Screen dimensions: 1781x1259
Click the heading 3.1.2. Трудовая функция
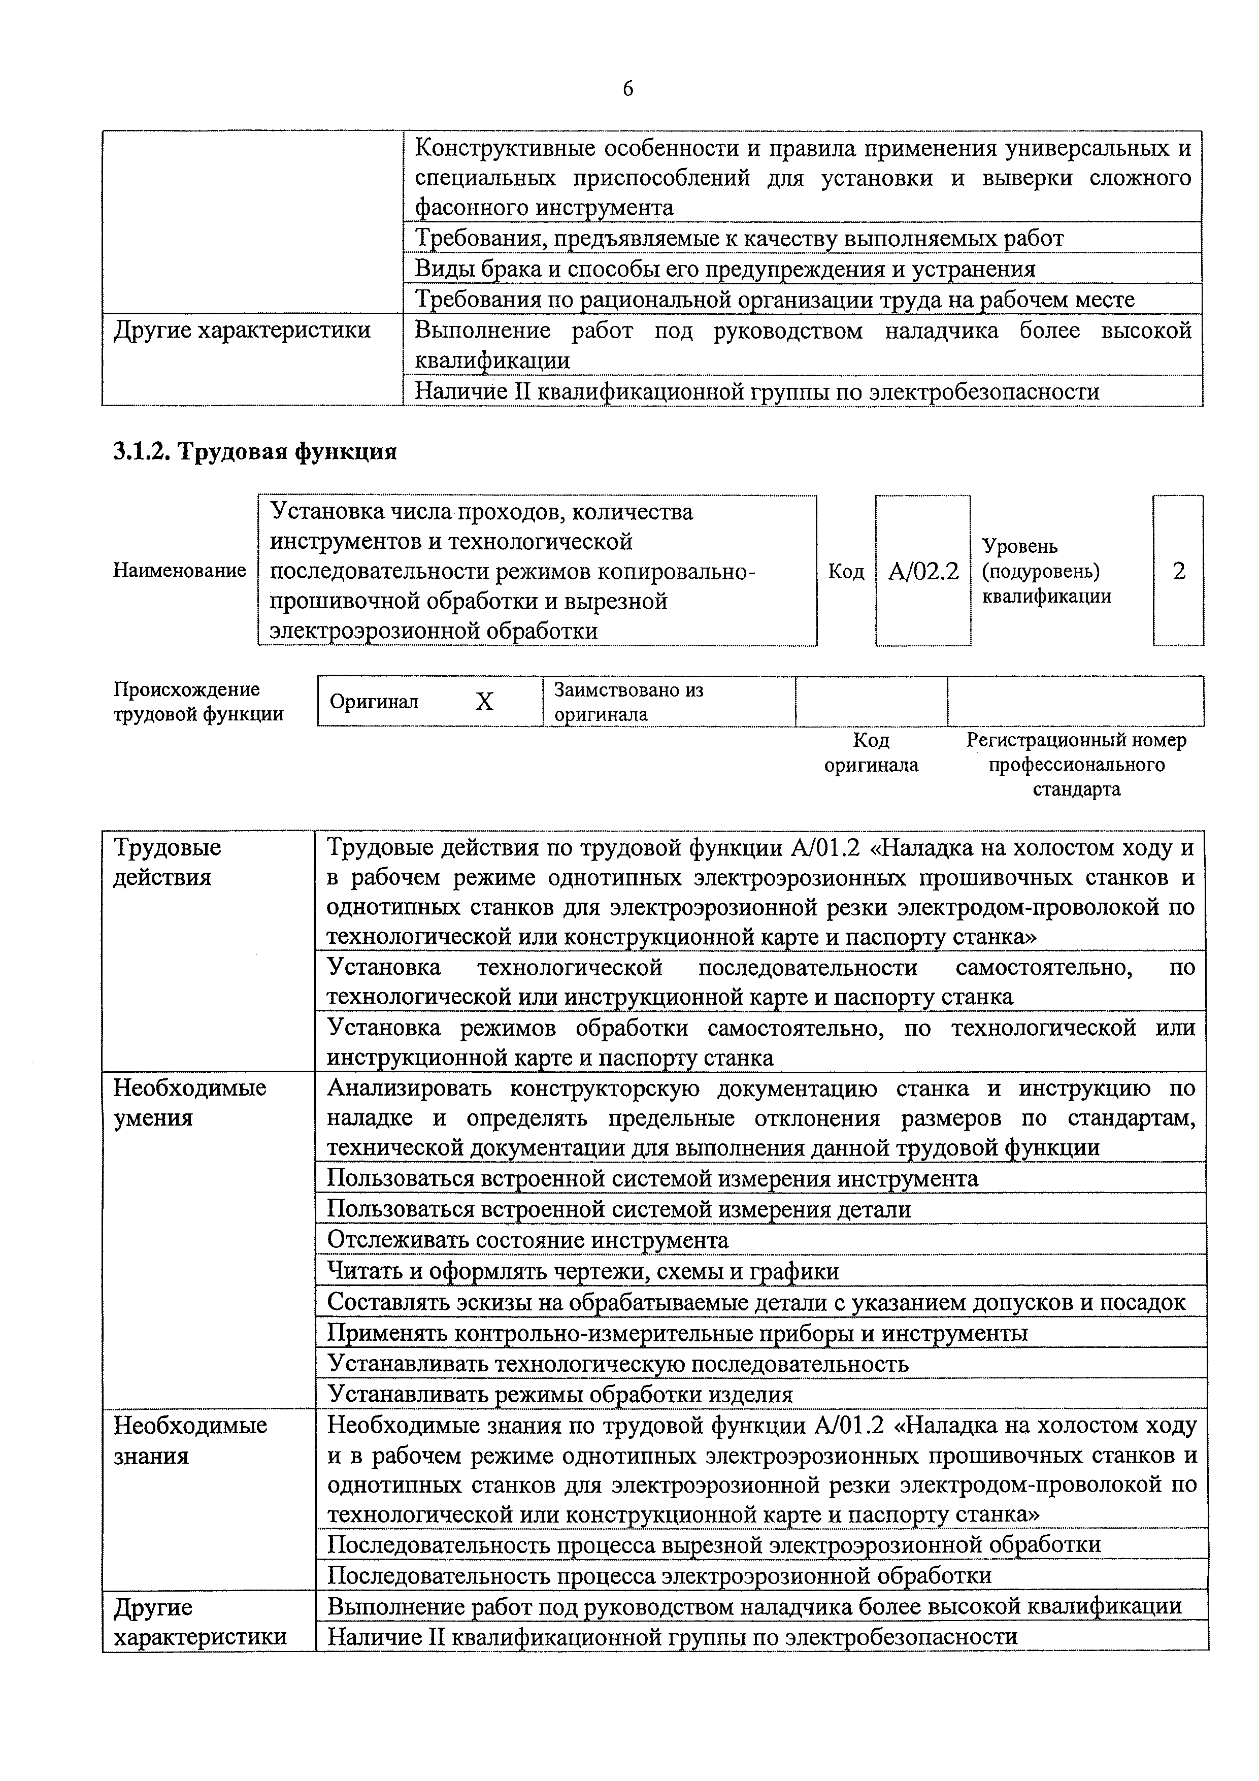(255, 451)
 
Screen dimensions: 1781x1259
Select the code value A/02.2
(923, 572)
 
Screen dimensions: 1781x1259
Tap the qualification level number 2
(1178, 572)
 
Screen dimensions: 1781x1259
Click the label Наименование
(180, 571)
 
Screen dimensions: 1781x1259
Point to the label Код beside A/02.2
(846, 572)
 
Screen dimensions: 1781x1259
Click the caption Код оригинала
(871, 752)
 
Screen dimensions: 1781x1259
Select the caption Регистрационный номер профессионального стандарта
(1076, 765)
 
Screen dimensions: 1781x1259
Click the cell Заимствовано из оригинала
(628, 701)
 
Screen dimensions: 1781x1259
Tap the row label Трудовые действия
(167, 862)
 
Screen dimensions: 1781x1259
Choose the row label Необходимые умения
(189, 1102)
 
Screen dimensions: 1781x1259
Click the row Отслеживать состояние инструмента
(527, 1240)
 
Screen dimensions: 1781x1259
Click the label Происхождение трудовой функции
(198, 701)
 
